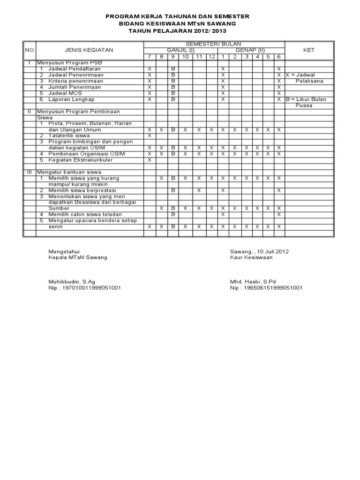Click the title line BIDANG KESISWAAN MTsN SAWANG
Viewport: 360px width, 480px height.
(177, 23)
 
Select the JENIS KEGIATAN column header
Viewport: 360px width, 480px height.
(89, 50)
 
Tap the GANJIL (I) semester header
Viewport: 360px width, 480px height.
(179, 50)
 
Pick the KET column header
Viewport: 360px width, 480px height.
(308, 50)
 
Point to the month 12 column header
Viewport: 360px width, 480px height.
(211, 56)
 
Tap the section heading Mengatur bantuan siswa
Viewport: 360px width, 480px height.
(66, 172)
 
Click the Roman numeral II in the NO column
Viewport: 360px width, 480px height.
(29, 111)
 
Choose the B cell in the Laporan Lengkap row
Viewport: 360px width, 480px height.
(173, 99)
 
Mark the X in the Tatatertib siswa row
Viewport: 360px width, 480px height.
(150, 135)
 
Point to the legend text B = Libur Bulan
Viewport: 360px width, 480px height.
(309, 99)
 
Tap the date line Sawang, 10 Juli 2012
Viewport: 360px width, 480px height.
(259, 251)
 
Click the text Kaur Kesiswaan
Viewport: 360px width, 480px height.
(251, 257)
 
